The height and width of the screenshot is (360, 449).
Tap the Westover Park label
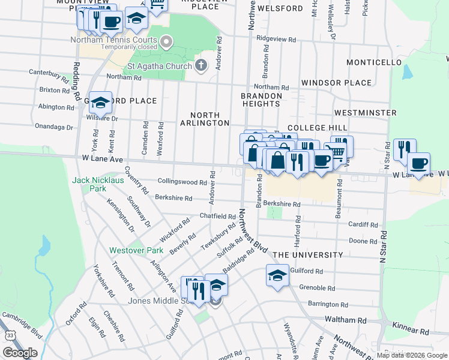click(128, 250)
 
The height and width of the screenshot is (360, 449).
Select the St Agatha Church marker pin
click(201, 65)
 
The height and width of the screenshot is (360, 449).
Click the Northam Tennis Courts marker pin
click(167, 41)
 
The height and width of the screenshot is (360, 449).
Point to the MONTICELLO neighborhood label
click(374, 62)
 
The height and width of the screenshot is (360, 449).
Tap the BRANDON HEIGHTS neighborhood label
click(262, 100)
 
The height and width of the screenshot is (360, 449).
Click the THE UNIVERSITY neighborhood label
click(308, 255)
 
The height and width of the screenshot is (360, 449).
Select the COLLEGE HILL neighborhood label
click(317, 128)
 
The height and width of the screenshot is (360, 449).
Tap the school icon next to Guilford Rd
click(277, 276)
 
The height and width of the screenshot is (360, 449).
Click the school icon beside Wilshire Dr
click(100, 103)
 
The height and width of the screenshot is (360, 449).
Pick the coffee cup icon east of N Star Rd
click(419, 163)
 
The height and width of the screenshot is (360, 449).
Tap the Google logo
click(20, 353)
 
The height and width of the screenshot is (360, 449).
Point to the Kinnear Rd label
click(412, 331)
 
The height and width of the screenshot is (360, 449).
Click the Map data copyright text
click(412, 355)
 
